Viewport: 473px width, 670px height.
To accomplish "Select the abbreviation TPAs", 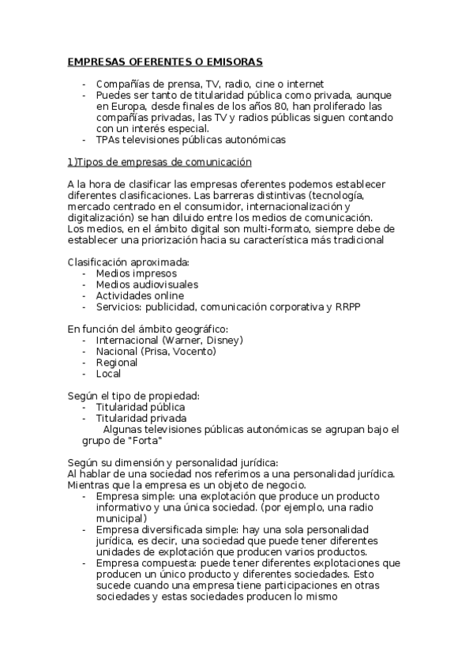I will (x=108, y=140).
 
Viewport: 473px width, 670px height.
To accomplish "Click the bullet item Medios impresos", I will (x=136, y=273).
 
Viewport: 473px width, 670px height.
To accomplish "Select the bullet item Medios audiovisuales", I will (x=147, y=284).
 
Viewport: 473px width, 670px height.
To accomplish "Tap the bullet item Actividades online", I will (x=141, y=295).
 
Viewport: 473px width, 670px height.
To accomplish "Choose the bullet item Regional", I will (x=117, y=363).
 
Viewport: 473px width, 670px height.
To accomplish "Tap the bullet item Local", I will (x=109, y=374).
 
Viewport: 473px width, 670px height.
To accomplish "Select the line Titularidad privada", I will (x=141, y=418).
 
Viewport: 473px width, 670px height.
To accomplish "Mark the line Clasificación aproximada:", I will (x=128, y=262).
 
